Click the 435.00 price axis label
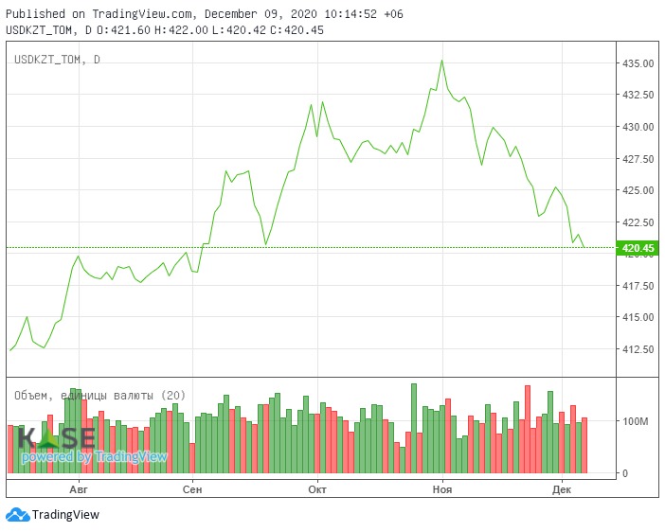pyautogui.click(x=638, y=63)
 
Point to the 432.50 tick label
pyautogui.click(x=638, y=96)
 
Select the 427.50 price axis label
pyautogui.click(x=638, y=159)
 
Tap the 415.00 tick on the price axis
pyautogui.click(x=638, y=317)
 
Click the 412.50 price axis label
pyautogui.click(x=638, y=349)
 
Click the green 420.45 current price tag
pyautogui.click(x=636, y=249)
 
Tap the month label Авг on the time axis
pyautogui.click(x=79, y=489)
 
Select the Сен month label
pyautogui.click(x=192, y=489)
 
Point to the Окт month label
pyautogui.click(x=317, y=489)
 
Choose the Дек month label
pyautogui.click(x=562, y=489)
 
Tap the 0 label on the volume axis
pyautogui.click(x=625, y=473)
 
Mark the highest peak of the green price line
pyautogui.click(x=441, y=61)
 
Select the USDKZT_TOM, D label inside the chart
pyautogui.click(x=57, y=61)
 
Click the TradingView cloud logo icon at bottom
pyautogui.click(x=17, y=515)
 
